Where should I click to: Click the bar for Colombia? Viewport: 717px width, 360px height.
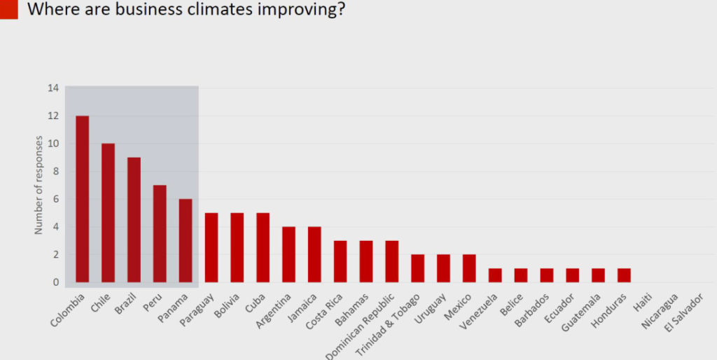82,200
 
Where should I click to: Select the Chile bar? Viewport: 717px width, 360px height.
108,213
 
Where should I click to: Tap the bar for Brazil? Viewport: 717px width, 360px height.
134,220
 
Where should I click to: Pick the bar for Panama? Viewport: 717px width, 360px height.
185,241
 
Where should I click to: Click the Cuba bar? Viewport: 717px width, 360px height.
263,248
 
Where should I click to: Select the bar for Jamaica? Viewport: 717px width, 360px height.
314,255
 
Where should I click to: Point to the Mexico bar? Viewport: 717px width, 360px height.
469,269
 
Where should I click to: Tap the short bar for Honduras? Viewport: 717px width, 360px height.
624,276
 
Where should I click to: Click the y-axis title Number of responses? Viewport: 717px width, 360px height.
39,186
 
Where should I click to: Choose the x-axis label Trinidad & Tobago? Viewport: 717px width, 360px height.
389,326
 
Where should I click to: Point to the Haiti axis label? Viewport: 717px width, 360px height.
643,305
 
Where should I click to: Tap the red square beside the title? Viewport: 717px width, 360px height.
8,9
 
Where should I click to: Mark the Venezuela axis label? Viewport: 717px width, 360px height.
482,314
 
